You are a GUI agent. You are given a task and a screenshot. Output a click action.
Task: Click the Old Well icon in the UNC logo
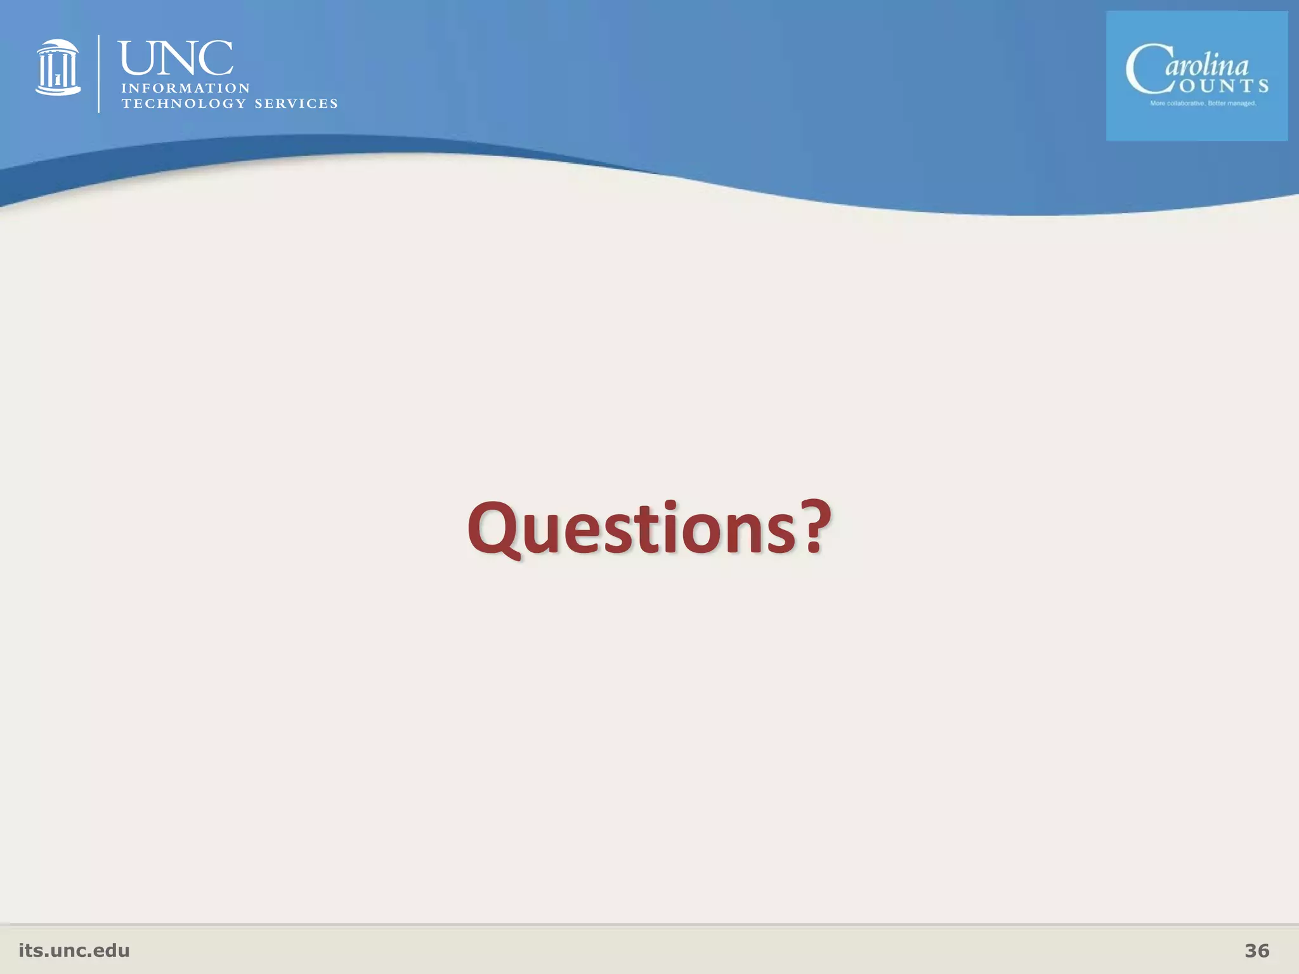coord(58,67)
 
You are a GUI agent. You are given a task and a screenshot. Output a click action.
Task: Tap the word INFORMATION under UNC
coord(186,88)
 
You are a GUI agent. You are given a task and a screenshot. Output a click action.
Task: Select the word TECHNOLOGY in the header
coord(183,104)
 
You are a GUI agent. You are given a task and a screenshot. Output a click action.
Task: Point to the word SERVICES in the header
coord(296,104)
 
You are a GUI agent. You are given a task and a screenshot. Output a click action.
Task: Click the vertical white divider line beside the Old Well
coord(99,74)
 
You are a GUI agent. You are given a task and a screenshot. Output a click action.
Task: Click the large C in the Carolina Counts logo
coord(1146,70)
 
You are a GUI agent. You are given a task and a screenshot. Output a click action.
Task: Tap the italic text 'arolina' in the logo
coord(1206,66)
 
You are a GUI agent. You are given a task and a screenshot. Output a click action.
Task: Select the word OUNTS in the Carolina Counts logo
coord(1224,86)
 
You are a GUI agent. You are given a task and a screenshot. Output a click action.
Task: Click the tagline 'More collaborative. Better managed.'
coord(1203,103)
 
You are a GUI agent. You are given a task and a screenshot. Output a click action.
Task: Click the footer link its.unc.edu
coord(74,951)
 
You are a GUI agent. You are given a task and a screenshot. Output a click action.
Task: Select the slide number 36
coord(1257,951)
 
